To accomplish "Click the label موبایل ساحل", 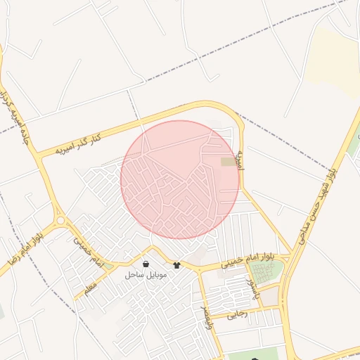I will (146, 275).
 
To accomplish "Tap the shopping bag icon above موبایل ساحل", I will (145, 264).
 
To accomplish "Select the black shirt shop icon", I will (176, 265).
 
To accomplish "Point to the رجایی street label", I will (238, 314).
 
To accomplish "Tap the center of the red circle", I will (180, 179).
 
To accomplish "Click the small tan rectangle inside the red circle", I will (229, 162).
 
